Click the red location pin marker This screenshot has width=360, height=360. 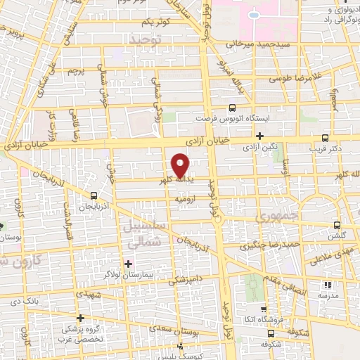181,165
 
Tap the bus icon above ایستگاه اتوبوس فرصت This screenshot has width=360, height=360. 232,108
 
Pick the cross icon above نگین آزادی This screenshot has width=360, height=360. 259,136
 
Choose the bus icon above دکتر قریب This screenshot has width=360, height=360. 325,138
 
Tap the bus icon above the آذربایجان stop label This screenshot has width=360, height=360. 94,195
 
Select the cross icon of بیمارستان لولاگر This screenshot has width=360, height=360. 128,264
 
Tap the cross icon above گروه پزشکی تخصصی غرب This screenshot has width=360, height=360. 81,318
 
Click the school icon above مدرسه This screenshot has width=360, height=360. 327,285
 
